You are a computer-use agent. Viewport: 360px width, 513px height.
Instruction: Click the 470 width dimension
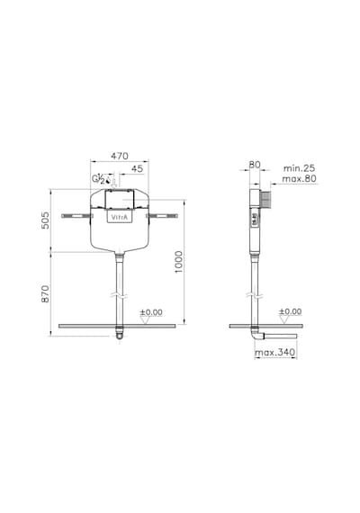click(x=120, y=156)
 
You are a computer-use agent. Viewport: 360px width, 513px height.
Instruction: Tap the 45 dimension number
click(x=137, y=169)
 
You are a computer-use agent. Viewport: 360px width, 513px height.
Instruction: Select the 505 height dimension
click(x=46, y=220)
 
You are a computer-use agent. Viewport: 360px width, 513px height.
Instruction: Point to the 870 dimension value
click(x=46, y=293)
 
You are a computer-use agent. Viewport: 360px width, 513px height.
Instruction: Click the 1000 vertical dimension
click(x=179, y=262)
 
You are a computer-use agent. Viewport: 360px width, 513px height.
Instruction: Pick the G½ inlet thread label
click(x=98, y=179)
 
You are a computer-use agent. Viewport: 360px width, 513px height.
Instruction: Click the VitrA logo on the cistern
click(x=120, y=217)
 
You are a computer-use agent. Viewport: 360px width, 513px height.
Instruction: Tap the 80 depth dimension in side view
click(x=255, y=165)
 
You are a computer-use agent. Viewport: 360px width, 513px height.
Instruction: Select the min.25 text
click(x=299, y=168)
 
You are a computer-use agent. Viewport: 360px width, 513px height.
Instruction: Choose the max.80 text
click(x=299, y=178)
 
